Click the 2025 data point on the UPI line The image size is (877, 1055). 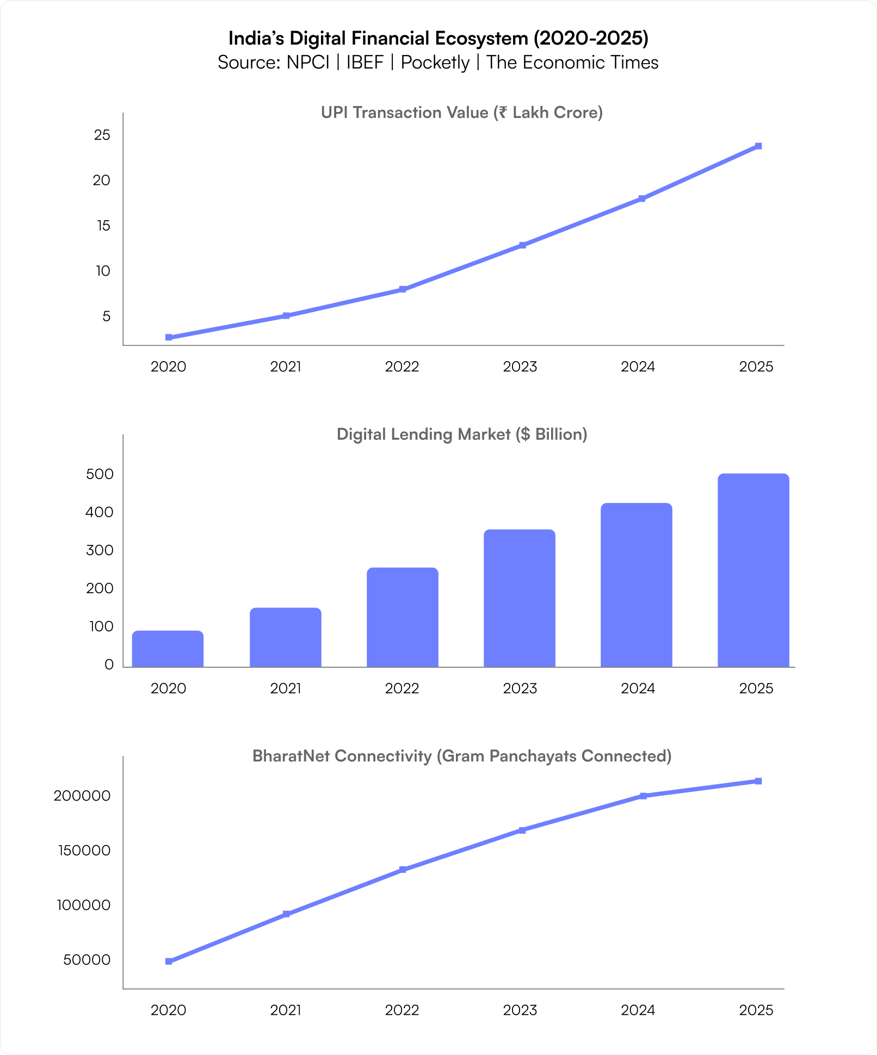click(758, 146)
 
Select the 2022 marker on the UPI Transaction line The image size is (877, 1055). click(403, 289)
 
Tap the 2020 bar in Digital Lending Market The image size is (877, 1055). click(168, 649)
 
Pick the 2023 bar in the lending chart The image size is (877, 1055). click(520, 598)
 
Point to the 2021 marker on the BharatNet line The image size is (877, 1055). click(287, 914)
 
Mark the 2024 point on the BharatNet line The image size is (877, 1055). click(643, 796)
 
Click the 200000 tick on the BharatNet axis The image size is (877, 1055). click(82, 796)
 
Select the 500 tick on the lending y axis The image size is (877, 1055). click(100, 474)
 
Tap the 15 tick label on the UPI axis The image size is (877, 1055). click(103, 226)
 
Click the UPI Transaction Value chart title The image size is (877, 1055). click(462, 113)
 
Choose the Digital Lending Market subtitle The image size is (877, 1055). click(462, 435)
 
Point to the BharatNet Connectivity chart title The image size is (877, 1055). click(462, 756)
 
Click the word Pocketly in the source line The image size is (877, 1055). click(435, 63)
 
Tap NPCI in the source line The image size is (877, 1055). click(308, 63)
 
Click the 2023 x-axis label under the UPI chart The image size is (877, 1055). click(520, 367)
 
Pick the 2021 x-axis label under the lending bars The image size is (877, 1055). click(286, 689)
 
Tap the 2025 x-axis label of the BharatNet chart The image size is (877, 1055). click(756, 1010)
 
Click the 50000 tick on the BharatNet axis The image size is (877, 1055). click(87, 960)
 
